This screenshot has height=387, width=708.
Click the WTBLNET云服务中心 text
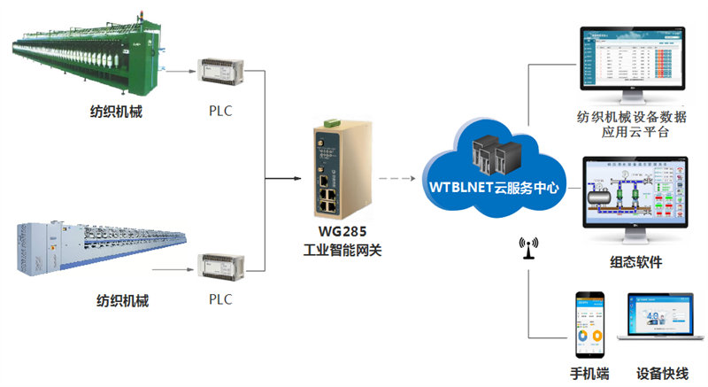tap(496, 190)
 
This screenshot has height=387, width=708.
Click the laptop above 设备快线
tap(661, 323)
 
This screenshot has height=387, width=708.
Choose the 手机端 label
tap(589, 373)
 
